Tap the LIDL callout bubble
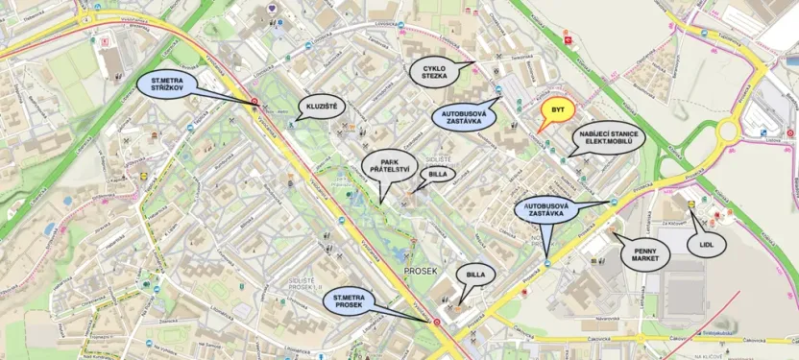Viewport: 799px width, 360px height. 707,244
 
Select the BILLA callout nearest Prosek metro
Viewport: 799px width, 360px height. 477,276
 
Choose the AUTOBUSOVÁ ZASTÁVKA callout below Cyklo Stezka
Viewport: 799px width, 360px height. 464,118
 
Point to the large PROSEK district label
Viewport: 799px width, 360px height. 421,272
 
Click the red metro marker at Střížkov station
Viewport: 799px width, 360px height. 254,101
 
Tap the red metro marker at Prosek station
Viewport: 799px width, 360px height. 437,322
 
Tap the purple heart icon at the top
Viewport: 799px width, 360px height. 275,8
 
